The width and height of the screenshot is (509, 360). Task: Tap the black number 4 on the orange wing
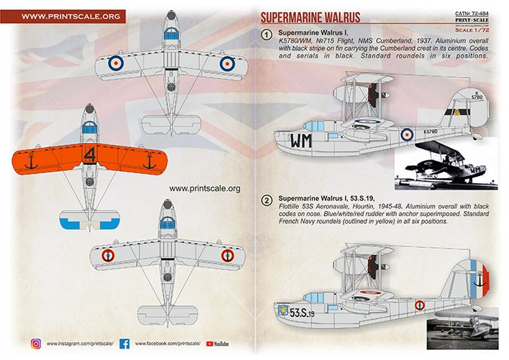pos(88,154)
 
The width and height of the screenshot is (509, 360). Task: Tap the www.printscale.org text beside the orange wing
pos(206,189)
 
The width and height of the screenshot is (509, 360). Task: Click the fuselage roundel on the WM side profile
pos(407,133)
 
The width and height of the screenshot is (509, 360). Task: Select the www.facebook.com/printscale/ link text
pos(168,344)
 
